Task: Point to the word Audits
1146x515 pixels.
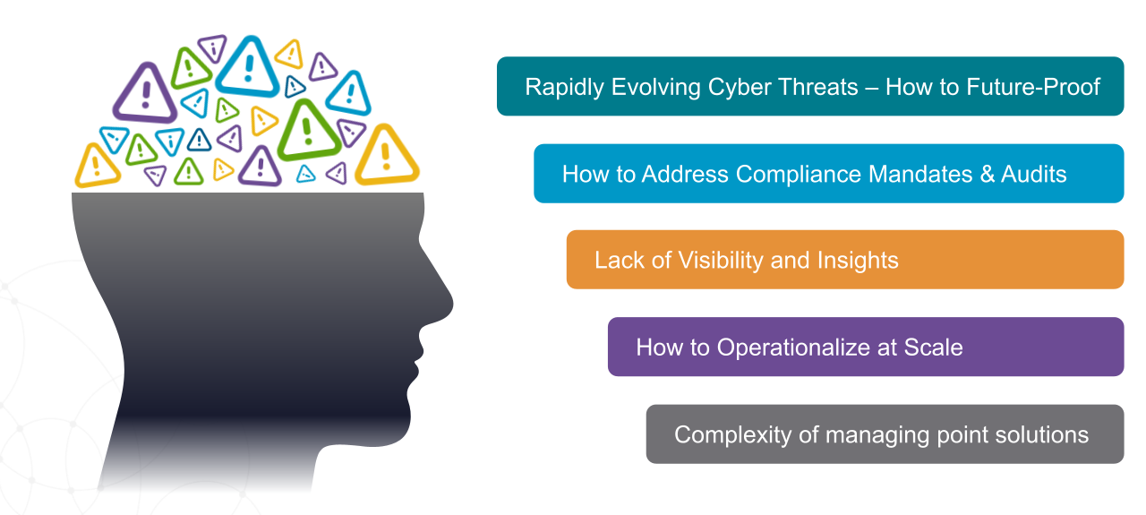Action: tap(1035, 174)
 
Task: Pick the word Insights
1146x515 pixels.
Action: tap(857, 261)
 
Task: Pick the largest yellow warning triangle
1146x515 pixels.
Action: tap(387, 156)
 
